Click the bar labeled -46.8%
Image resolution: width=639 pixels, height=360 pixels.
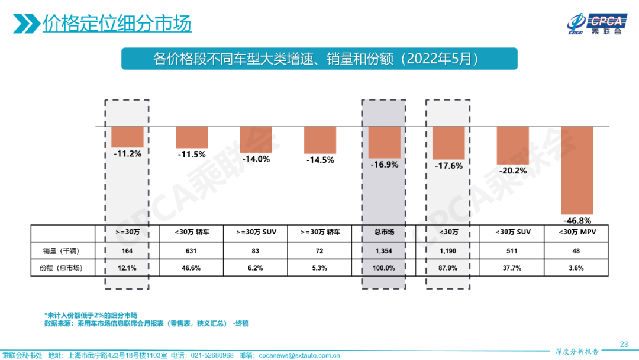(576, 171)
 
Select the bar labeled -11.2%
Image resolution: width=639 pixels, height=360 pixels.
(127, 137)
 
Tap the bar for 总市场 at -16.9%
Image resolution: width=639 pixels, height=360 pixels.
(384, 142)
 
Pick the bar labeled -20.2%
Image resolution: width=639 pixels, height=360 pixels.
(512, 146)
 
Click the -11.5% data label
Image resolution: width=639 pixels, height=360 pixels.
(191, 155)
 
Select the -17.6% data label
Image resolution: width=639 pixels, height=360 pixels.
(448, 166)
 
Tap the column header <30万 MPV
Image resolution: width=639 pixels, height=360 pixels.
(576, 232)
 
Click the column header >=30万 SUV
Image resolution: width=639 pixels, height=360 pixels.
(256, 232)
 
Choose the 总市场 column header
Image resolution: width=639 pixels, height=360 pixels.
(384, 232)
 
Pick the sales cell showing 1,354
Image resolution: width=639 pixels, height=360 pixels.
(384, 250)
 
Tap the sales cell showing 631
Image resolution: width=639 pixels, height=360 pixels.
(192, 250)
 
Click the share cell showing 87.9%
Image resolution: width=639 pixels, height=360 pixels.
(448, 268)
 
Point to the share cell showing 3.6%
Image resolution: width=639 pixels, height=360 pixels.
(576, 268)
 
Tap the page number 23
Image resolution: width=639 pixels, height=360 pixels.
(624, 344)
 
